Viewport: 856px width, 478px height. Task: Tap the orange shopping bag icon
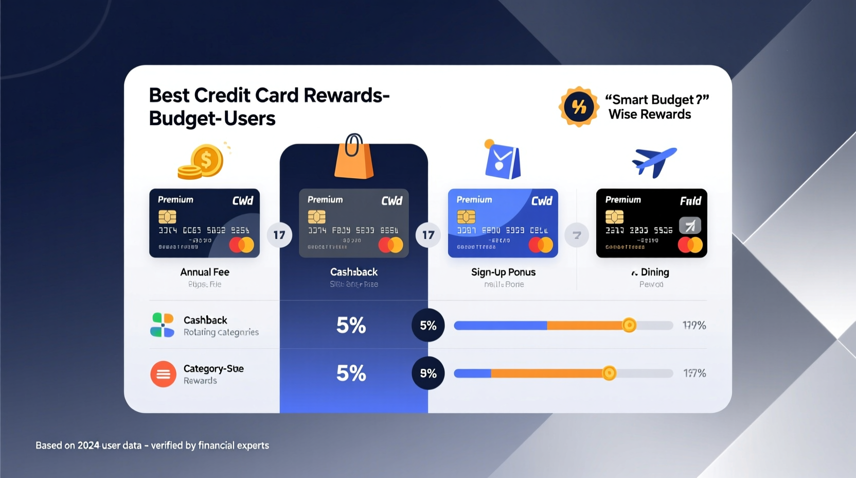point(354,159)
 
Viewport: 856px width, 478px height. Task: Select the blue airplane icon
point(654,161)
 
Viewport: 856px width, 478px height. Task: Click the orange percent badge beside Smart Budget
point(579,107)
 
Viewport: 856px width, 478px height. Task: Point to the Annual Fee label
point(205,272)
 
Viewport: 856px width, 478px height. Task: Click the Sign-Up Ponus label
point(503,272)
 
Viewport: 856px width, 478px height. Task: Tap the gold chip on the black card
point(614,217)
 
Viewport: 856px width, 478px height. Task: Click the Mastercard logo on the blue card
point(541,245)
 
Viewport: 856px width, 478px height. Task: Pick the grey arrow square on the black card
point(690,225)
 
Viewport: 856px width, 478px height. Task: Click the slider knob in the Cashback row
point(629,325)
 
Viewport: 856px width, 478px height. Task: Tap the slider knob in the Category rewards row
point(609,373)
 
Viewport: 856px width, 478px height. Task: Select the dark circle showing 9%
point(428,373)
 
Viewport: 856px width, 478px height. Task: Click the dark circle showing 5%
point(428,325)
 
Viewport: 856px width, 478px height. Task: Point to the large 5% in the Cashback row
point(351,325)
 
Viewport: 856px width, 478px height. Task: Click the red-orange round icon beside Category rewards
point(163,374)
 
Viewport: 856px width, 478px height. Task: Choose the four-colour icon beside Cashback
point(162,325)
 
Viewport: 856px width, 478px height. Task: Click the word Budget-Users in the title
point(212,118)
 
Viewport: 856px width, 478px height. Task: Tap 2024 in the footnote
point(88,446)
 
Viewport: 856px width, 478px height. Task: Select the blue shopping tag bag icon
point(502,161)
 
